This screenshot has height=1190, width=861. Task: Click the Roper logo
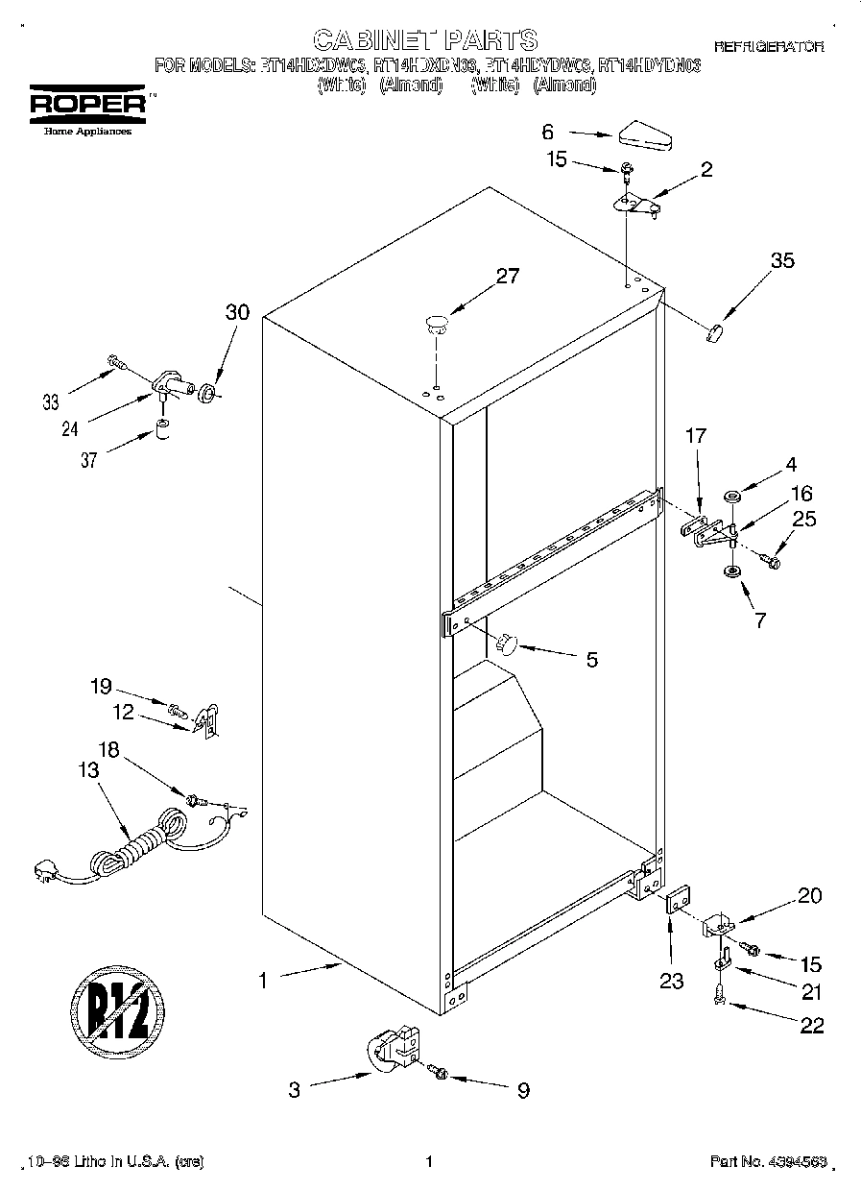click(86, 107)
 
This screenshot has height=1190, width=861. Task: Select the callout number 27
click(507, 277)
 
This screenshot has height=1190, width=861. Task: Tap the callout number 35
click(782, 259)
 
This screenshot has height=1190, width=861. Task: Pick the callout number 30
click(236, 312)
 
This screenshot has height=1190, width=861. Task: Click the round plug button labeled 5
click(508, 642)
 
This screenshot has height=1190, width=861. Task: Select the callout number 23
click(671, 981)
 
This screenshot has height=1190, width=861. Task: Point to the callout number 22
click(811, 1026)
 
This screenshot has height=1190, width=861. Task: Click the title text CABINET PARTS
click(426, 39)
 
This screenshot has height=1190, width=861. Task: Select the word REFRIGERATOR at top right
click(768, 46)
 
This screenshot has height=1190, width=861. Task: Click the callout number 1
click(261, 981)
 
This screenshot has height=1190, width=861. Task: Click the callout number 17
click(695, 436)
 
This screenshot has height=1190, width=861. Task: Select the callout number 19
click(101, 686)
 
